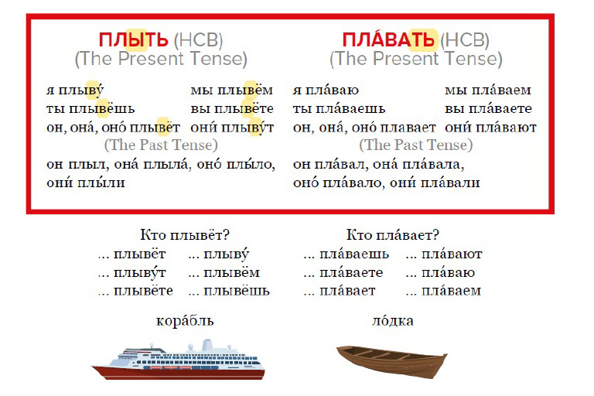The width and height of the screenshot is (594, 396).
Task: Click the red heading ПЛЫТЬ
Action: pyautogui.click(x=134, y=39)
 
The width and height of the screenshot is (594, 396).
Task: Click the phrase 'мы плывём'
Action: pyautogui.click(x=232, y=90)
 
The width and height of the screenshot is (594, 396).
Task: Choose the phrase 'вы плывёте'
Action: pyautogui.click(x=232, y=109)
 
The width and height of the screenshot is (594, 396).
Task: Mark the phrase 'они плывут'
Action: pyautogui.click(x=233, y=128)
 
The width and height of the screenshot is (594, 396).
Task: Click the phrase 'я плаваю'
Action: pyautogui.click(x=326, y=90)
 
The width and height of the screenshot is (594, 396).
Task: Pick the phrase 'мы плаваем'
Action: pyautogui.click(x=488, y=90)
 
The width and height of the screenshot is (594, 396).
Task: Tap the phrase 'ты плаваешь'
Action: pyautogui.click(x=339, y=109)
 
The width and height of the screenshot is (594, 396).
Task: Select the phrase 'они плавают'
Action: pyautogui.click(x=490, y=128)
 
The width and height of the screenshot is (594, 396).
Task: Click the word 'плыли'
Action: pyautogui.click(x=103, y=183)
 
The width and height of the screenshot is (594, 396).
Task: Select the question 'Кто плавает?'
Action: pyautogui.click(x=391, y=235)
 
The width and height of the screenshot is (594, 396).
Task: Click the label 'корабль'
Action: pyautogui.click(x=185, y=320)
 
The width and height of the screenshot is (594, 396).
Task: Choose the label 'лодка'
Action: pyautogui.click(x=392, y=320)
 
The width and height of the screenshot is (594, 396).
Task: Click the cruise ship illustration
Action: pyautogui.click(x=178, y=360)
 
